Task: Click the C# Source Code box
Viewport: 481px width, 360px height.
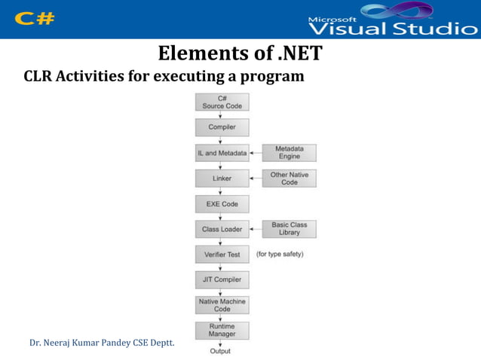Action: [x=222, y=102]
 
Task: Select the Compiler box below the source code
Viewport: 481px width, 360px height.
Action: [x=222, y=127]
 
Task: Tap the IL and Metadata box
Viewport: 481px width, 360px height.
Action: [x=222, y=153]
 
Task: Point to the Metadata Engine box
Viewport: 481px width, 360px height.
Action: [x=289, y=153]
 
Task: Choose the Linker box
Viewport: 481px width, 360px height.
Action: [x=222, y=178]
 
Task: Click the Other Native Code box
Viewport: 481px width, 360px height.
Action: [x=289, y=178]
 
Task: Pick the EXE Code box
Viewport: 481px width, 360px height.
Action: [x=222, y=203]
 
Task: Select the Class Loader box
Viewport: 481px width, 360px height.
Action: [x=222, y=229]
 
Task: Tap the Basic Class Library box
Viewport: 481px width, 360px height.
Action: [x=289, y=229]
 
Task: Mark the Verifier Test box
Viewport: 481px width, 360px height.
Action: [x=222, y=255]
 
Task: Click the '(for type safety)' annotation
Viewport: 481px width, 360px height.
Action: [x=280, y=255]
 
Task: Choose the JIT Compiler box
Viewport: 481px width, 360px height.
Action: [x=222, y=279]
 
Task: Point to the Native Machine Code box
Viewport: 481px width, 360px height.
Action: [x=222, y=305]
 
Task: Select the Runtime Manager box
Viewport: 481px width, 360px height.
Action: [x=222, y=330]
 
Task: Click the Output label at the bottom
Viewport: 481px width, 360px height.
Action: [x=220, y=351]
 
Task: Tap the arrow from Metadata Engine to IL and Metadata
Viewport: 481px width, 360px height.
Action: [x=256, y=153]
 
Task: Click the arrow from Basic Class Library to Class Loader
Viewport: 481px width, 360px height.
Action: [x=256, y=229]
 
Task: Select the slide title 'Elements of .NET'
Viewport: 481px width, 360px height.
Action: [x=240, y=54]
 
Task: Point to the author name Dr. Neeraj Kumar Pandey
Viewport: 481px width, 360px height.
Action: [x=101, y=343]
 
